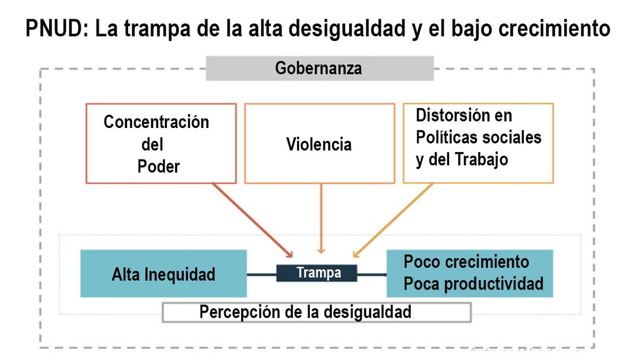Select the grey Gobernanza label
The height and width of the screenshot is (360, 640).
tap(319, 69)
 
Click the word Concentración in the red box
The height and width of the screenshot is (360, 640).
tap(156, 122)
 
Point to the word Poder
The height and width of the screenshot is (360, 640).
tap(158, 166)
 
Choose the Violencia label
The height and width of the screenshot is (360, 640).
tap(319, 145)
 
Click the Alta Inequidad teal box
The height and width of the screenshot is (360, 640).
tap(163, 274)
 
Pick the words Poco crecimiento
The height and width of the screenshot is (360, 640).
tap(466, 262)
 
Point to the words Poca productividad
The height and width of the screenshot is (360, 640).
tap(474, 284)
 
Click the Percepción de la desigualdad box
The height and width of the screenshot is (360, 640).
tap(317, 312)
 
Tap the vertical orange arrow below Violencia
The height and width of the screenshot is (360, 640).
tap(321, 219)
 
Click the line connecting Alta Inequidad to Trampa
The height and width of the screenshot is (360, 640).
tap(261, 274)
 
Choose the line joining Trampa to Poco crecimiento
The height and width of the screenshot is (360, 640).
tap(372, 275)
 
